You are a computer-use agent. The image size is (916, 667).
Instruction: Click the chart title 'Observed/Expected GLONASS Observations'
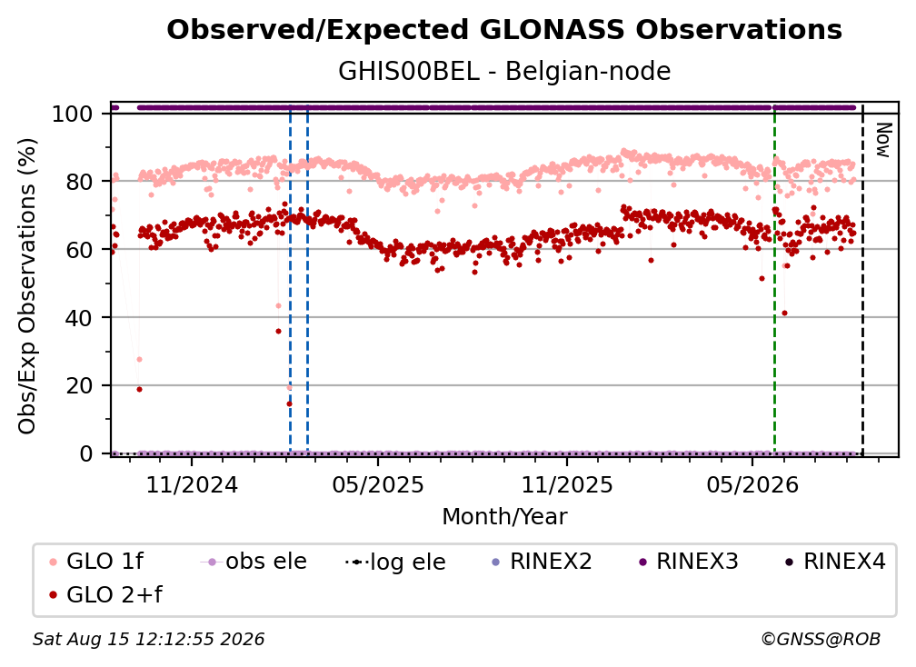(x=504, y=30)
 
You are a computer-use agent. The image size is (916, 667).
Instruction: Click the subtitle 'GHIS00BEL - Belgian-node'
(x=504, y=71)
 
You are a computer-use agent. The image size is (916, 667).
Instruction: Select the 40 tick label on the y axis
(x=79, y=318)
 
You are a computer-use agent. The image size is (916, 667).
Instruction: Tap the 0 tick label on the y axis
(x=86, y=453)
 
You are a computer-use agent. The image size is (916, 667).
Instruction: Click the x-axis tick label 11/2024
(x=192, y=484)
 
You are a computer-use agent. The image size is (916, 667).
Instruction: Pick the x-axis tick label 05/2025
(x=378, y=484)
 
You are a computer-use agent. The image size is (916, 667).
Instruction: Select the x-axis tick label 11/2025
(x=567, y=484)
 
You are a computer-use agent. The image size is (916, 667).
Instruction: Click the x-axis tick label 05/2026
(x=752, y=484)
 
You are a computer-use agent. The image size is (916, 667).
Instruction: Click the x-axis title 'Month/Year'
(x=504, y=517)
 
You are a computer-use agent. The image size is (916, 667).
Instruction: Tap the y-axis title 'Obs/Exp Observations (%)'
(x=27, y=285)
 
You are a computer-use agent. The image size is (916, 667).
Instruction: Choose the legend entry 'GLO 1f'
(x=95, y=562)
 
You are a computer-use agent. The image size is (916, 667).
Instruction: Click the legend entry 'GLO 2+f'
(x=105, y=594)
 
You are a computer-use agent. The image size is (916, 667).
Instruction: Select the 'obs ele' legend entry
(x=254, y=562)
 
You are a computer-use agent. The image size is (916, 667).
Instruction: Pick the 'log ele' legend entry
(x=395, y=562)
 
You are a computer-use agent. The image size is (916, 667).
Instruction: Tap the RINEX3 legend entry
(x=688, y=562)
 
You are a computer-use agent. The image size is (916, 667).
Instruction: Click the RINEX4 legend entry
(x=835, y=562)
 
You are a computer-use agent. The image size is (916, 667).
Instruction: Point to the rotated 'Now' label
(x=883, y=140)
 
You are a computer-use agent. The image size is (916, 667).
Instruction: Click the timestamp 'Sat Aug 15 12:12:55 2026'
(x=148, y=640)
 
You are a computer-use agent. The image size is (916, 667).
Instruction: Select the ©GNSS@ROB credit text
(x=821, y=640)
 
